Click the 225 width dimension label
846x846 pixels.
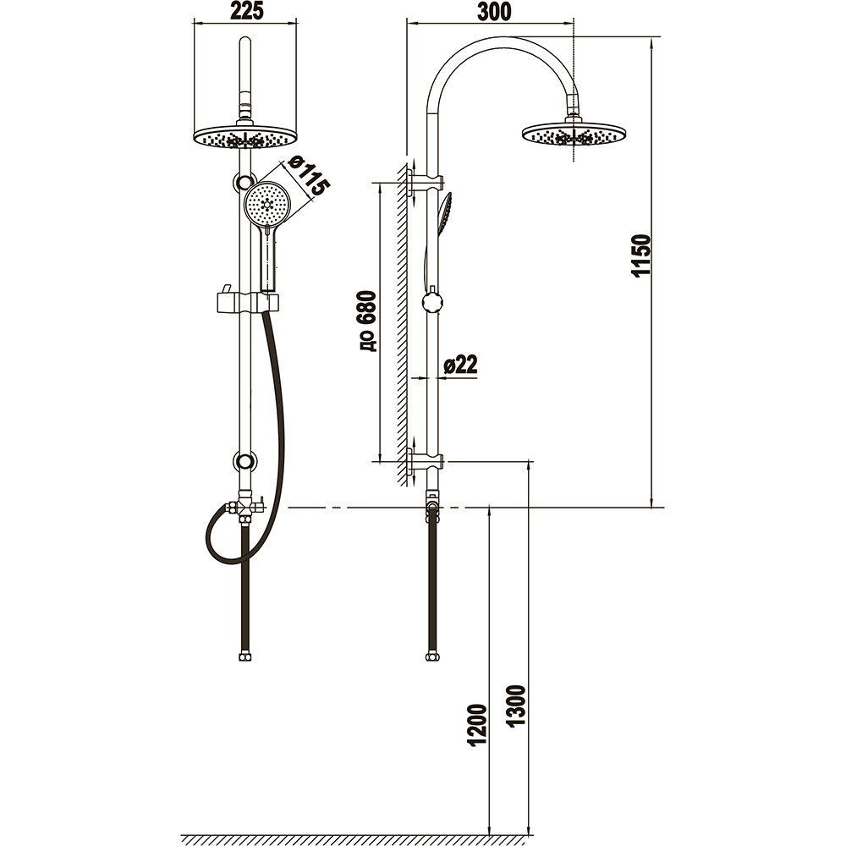246,11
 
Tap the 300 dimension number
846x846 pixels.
494,11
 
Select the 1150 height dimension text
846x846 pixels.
641,255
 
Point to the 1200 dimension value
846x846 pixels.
478,725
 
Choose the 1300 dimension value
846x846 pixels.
516,706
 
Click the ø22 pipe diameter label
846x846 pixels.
460,365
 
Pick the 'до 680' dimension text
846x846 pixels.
366,321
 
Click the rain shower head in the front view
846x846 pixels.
245,137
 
